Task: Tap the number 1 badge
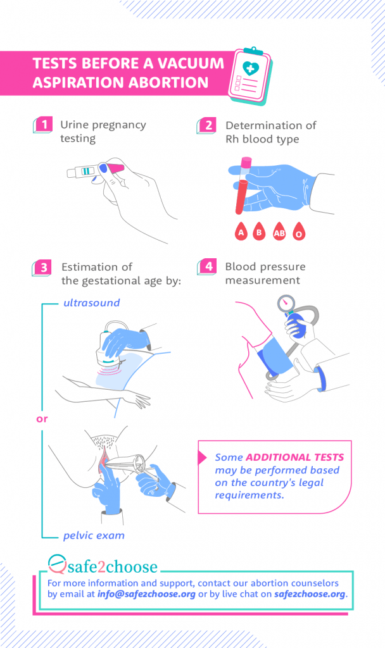pyautogui.click(x=43, y=125)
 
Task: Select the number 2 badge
pyautogui.click(x=208, y=125)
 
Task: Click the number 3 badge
pyautogui.click(x=43, y=267)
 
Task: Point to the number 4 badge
pyautogui.click(x=208, y=266)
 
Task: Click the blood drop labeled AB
pyautogui.click(x=279, y=232)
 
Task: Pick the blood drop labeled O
pyautogui.click(x=299, y=233)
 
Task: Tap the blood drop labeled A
pyautogui.click(x=240, y=232)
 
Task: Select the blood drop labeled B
pyautogui.click(x=258, y=232)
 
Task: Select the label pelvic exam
pyautogui.click(x=94, y=535)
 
